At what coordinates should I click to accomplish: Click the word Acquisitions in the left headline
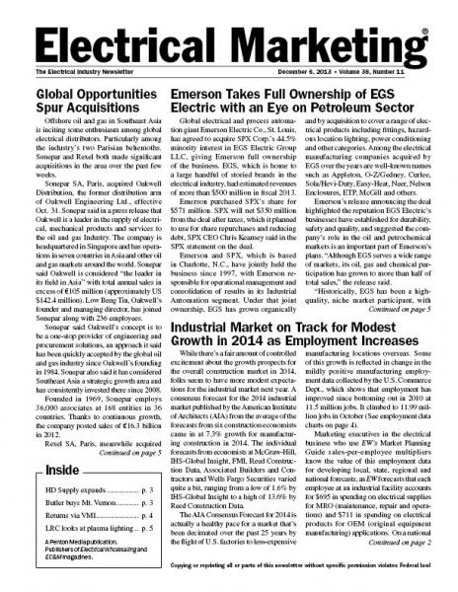[94, 112]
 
